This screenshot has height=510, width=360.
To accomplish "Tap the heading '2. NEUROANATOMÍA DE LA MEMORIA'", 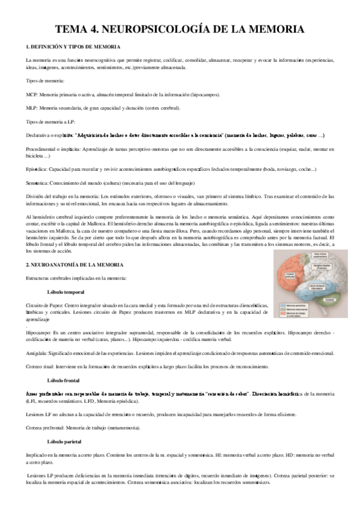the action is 75,265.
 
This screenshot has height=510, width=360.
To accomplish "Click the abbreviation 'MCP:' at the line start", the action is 32,94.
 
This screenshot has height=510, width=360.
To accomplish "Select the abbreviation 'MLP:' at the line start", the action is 32,108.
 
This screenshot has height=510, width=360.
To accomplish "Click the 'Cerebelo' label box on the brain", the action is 329,299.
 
